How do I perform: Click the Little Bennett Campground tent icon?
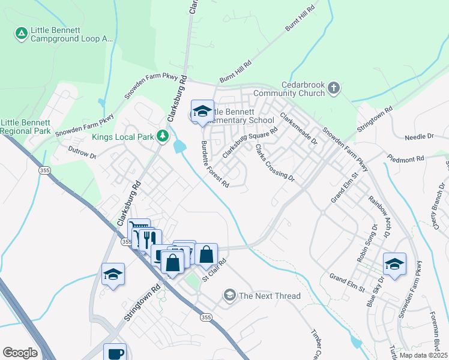tap(21, 33)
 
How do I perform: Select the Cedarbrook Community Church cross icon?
tap(334, 89)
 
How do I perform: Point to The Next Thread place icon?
tap(229, 295)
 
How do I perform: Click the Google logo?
tap(20, 353)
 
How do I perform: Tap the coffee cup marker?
tap(115, 353)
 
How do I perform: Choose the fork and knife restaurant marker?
tap(149, 239)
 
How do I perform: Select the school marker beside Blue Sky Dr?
tap(394, 264)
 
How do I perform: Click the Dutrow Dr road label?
tap(82, 152)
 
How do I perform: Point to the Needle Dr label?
tap(419, 137)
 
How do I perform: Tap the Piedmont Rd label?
tap(406, 159)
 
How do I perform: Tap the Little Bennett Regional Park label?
tap(25, 126)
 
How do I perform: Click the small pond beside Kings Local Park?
tap(179, 146)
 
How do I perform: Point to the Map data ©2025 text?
tap(423, 355)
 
